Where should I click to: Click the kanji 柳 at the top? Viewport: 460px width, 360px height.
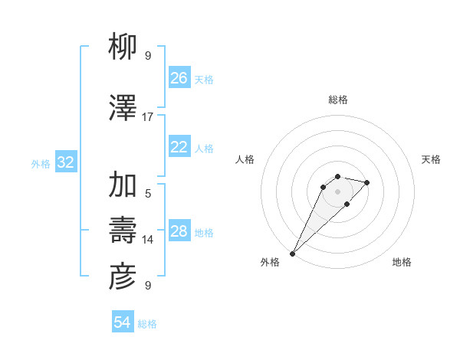tap(123, 48)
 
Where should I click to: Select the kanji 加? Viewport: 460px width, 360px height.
tap(123, 185)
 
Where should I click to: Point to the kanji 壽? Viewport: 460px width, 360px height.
tap(123, 231)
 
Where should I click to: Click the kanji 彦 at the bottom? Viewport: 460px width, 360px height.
tap(123, 277)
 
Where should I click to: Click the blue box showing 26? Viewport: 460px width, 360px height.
tap(179, 78)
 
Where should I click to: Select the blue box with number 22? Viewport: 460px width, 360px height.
tap(179, 147)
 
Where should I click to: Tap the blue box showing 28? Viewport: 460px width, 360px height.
tap(179, 231)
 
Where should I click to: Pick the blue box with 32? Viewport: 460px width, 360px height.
tap(66, 162)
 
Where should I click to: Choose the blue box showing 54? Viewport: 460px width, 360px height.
tap(123, 322)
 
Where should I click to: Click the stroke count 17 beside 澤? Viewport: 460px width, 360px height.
tap(148, 116)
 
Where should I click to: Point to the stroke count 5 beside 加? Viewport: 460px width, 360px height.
tap(148, 193)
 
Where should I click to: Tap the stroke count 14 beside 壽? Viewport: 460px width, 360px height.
tap(148, 240)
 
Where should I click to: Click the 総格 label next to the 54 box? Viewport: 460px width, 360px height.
tap(147, 324)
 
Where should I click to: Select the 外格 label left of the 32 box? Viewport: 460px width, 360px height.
tap(41, 163)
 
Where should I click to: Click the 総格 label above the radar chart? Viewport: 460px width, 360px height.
tap(337, 100)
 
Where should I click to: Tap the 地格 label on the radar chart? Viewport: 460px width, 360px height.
tap(402, 262)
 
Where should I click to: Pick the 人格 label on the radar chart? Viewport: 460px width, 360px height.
tap(245, 159)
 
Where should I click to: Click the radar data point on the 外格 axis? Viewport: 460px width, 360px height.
tap(292, 254)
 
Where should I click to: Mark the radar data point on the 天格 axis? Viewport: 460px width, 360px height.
tap(367, 182)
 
